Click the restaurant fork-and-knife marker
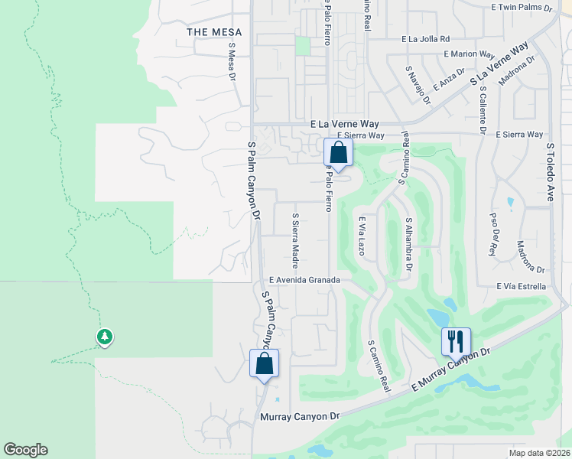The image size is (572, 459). coord(456,341)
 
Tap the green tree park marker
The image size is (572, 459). coord(105,336)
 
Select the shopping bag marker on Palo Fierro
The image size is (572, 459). coord(338,151)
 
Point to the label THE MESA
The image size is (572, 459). coord(214,32)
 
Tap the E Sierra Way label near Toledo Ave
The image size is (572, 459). coord(519,135)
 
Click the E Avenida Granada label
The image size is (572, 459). coord(304,280)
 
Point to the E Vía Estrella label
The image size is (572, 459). coord(520,287)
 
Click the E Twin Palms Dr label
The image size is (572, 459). coord(522,8)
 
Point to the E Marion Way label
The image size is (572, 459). coord(470,54)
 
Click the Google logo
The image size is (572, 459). coord(25,450)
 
